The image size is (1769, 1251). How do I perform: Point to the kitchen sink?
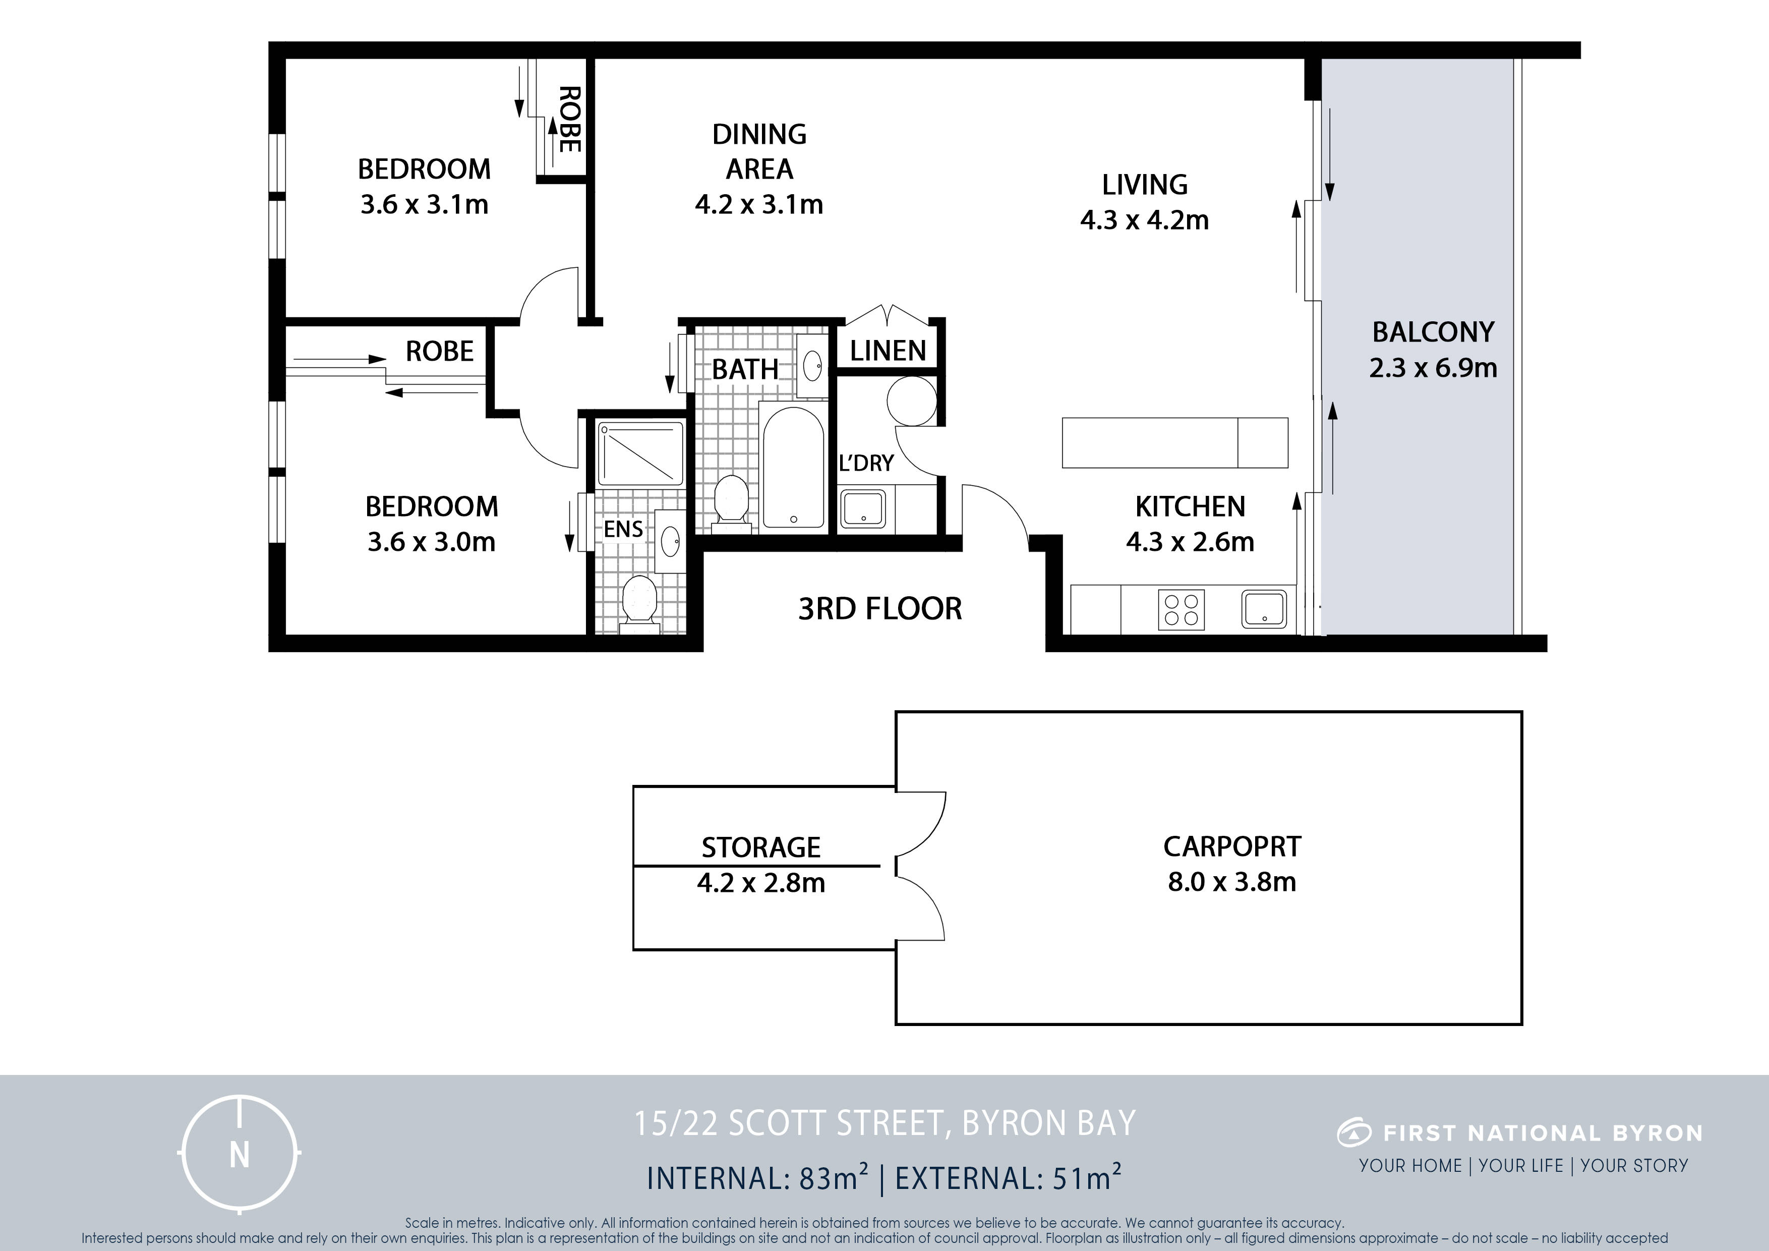(x=1264, y=609)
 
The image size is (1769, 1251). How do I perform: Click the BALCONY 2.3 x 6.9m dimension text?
(x=1433, y=368)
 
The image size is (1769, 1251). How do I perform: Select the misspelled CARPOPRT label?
(x=1232, y=846)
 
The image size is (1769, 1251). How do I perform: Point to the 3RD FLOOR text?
(x=880, y=609)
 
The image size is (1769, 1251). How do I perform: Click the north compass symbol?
(x=240, y=1154)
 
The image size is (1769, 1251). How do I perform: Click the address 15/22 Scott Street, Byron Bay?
(x=885, y=1123)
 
